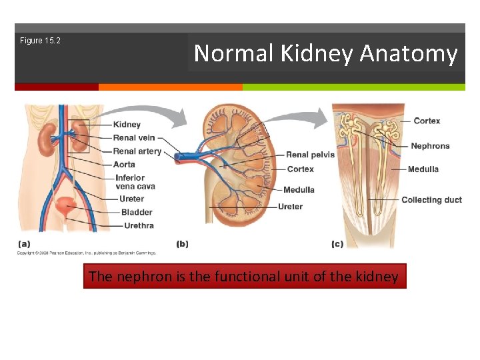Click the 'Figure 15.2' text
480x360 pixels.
[x=40, y=41]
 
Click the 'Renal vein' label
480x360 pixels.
[x=134, y=138]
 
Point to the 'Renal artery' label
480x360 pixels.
[x=137, y=151]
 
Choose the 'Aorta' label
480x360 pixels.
[x=124, y=165]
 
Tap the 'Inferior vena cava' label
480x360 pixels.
[x=135, y=182]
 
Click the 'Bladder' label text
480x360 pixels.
[x=137, y=213]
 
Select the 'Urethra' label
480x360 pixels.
[x=139, y=226]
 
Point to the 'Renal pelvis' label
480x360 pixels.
[x=311, y=155]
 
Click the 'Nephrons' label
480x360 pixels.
[x=430, y=146]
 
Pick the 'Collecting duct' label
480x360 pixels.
[x=431, y=200]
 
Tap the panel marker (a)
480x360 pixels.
[x=23, y=244]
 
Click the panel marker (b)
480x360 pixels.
[x=182, y=244]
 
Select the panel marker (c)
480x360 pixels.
[x=337, y=244]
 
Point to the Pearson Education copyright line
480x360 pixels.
[x=86, y=253]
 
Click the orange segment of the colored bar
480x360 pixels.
[x=170, y=87]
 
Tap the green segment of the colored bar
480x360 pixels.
[x=353, y=87]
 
